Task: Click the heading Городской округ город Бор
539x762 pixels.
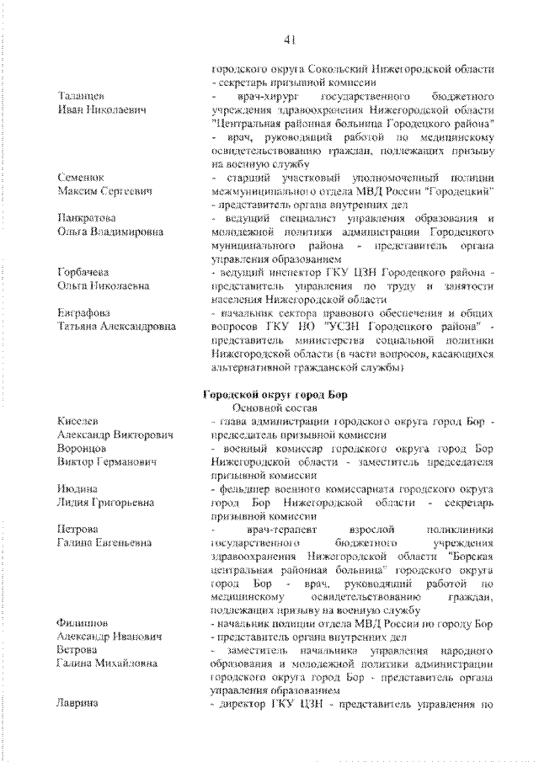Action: [x=274, y=395]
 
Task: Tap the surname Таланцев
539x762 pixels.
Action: [x=81, y=96]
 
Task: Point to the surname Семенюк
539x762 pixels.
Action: [x=81, y=179]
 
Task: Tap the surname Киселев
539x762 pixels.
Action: [x=77, y=420]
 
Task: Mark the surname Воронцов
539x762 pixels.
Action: [x=82, y=448]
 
